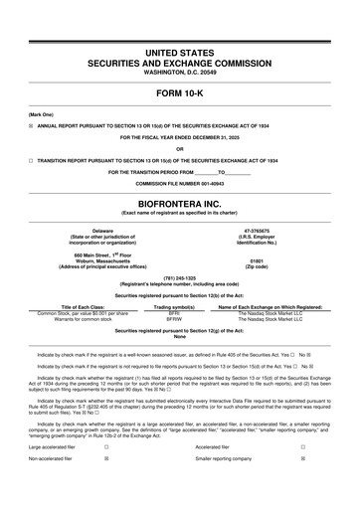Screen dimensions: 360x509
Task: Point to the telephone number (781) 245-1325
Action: [179, 278]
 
